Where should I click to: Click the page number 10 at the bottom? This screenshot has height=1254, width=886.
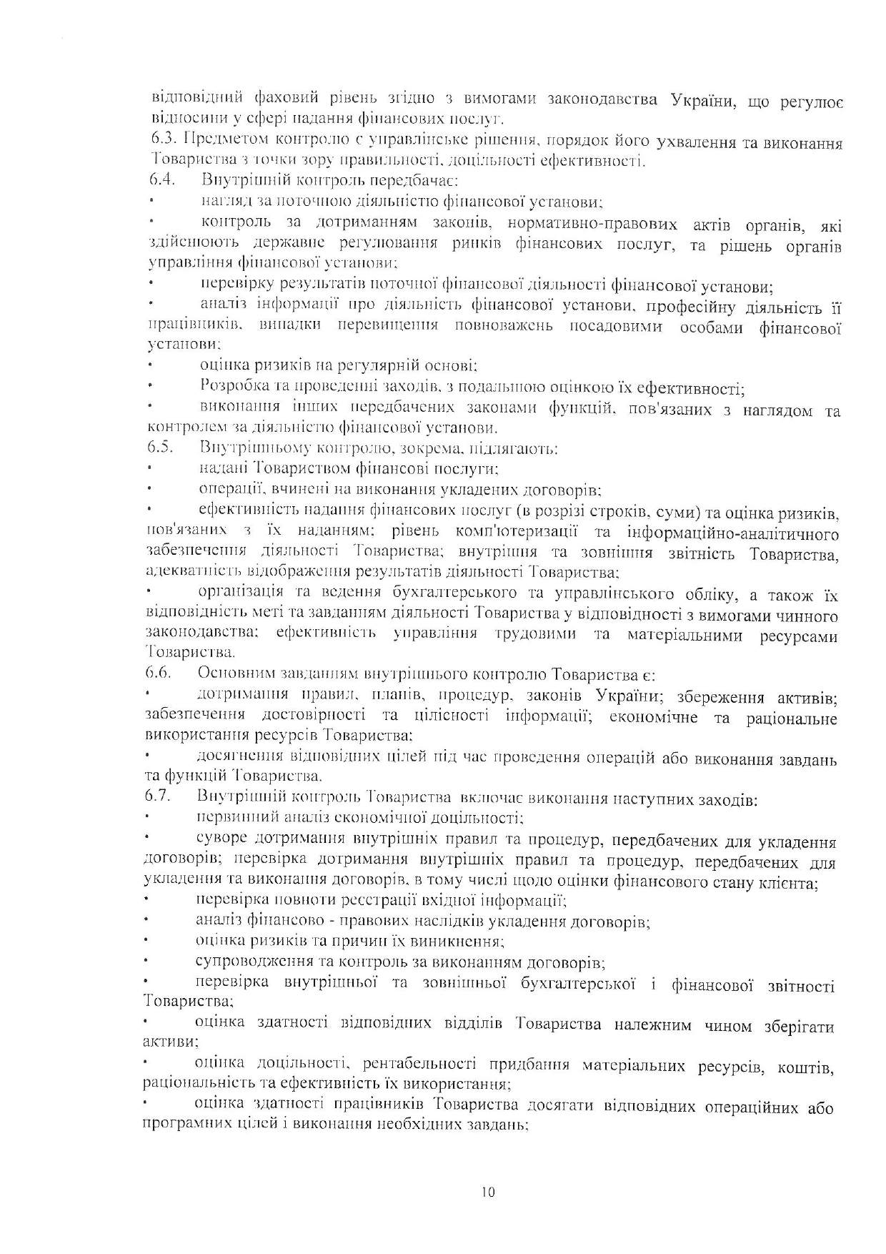coord(488,1192)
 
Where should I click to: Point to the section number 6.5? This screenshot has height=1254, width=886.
coord(160,448)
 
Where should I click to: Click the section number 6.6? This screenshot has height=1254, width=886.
coord(158,673)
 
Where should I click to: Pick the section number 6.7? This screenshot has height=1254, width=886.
coord(156,796)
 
